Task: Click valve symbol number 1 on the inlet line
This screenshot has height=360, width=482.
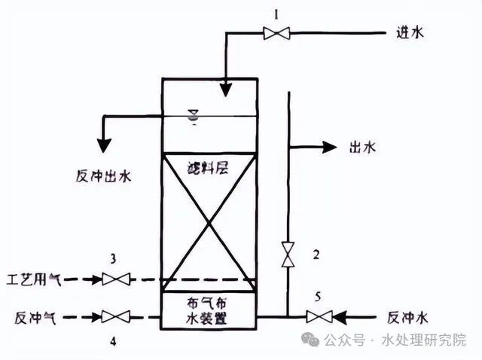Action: point(276,32)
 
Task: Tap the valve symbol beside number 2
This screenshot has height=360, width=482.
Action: point(287,254)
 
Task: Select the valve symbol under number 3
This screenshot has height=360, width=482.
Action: point(114,279)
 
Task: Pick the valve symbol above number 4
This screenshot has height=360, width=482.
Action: point(114,317)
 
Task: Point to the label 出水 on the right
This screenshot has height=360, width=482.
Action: point(362,148)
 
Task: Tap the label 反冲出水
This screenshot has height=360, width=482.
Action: point(103,176)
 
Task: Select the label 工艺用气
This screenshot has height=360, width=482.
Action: point(35,279)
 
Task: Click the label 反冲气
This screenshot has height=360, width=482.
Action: point(31,317)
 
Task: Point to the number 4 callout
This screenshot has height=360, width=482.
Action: point(113,341)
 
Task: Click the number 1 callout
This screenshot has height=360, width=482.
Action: point(276,13)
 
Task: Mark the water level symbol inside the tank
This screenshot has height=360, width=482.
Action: point(193,116)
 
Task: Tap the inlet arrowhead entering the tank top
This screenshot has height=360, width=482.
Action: point(225,90)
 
